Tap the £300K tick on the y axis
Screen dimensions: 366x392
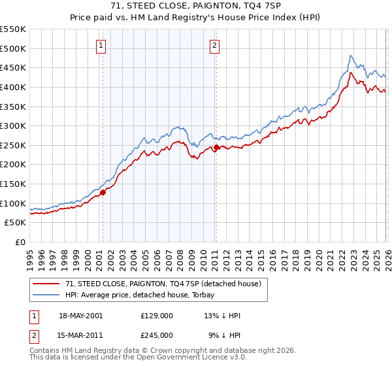[x=13, y=125]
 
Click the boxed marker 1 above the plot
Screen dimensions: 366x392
[x=103, y=45]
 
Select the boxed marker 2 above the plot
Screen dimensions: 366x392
[x=215, y=45]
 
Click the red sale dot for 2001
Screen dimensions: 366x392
[x=103, y=192]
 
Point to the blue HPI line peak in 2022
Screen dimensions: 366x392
[x=351, y=56]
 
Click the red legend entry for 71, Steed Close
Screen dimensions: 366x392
[x=154, y=284]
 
